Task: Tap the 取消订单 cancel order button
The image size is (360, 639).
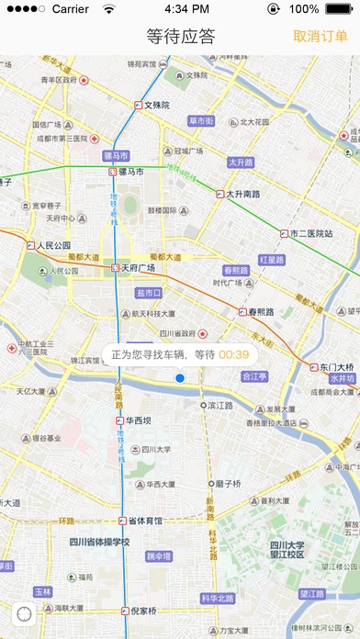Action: pyautogui.click(x=321, y=37)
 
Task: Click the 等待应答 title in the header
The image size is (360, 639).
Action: pyautogui.click(x=180, y=37)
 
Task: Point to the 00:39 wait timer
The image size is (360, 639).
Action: pyautogui.click(x=233, y=353)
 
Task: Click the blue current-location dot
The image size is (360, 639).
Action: pyautogui.click(x=180, y=378)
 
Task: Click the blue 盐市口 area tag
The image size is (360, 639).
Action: pyautogui.click(x=148, y=293)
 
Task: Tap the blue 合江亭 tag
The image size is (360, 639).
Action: pyautogui.click(x=254, y=376)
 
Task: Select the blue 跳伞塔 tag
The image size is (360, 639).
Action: pyautogui.click(x=159, y=556)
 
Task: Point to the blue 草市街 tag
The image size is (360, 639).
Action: pyautogui.click(x=201, y=120)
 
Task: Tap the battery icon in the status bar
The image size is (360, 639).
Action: pyautogui.click(x=342, y=9)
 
